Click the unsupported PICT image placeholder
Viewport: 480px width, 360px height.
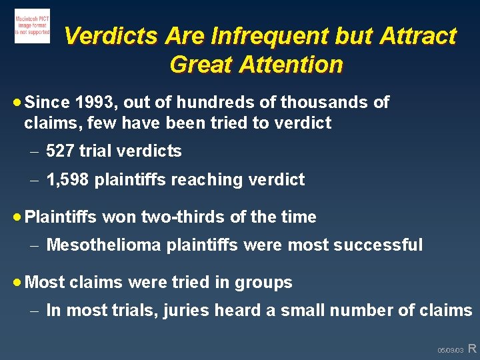32,27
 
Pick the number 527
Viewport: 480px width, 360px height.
60,151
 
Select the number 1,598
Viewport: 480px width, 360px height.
69,180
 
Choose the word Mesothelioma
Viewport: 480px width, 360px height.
104,245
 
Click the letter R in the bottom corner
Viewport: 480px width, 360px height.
472,348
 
